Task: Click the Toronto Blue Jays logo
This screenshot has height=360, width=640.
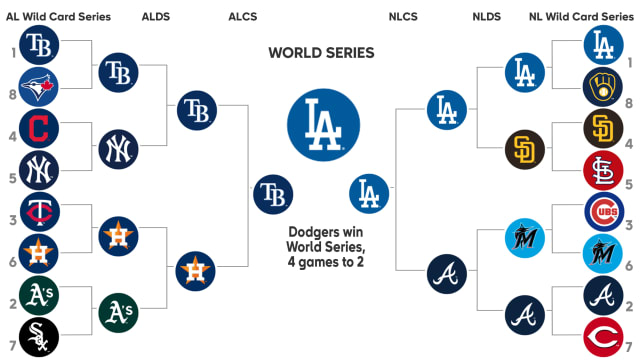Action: point(39,87)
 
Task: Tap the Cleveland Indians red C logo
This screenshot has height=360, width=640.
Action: point(39,129)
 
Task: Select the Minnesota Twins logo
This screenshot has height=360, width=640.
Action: point(39,212)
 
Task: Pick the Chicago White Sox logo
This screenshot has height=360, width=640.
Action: point(39,337)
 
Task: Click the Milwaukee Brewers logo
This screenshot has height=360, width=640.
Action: point(603,87)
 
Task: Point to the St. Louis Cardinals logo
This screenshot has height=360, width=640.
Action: point(603,171)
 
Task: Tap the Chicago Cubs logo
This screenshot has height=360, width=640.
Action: point(603,212)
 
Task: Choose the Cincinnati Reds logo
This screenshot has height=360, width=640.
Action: point(603,337)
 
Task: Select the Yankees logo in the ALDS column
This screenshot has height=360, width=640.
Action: point(119,150)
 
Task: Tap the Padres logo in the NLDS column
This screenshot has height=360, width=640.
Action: point(524,150)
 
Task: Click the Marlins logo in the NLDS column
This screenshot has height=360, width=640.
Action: point(524,233)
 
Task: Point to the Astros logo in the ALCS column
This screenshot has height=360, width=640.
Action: point(195,270)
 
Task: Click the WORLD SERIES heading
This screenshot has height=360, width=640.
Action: point(321,52)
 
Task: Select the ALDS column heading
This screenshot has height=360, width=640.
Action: point(156,17)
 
